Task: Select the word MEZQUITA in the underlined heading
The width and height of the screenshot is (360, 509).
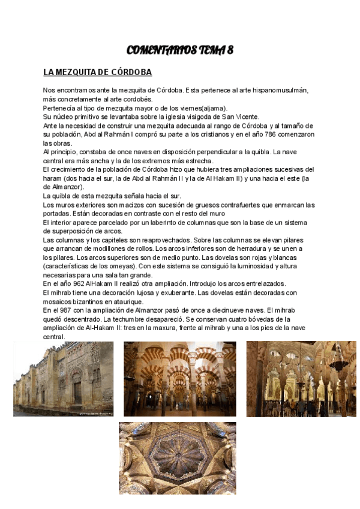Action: point(81,73)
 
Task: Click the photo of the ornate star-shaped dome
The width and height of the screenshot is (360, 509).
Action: point(177,457)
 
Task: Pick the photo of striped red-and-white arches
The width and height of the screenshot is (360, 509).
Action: point(179,379)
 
